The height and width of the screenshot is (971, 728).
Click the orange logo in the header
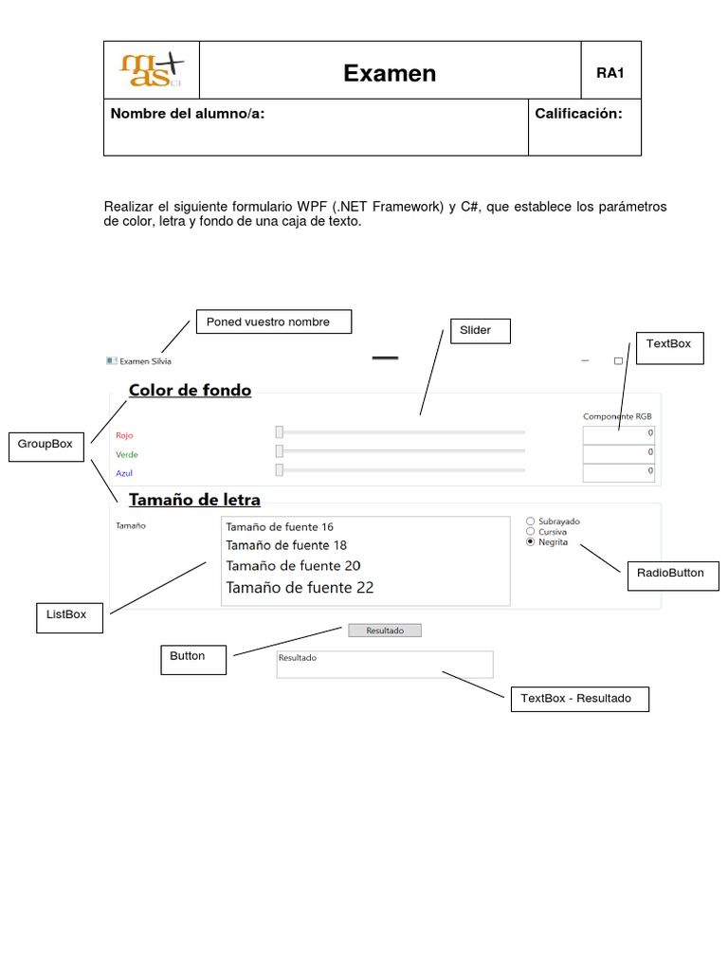click(152, 70)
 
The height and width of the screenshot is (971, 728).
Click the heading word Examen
click(390, 74)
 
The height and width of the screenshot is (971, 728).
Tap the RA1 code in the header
click(610, 73)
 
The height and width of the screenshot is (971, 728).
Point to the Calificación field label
click(578, 114)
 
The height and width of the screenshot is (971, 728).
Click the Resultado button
click(385, 631)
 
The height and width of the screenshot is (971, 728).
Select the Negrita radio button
click(530, 542)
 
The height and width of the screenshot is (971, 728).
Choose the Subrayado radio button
click(530, 521)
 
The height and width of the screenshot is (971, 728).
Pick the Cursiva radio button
click(530, 531)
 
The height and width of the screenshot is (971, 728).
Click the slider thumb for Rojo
click(280, 432)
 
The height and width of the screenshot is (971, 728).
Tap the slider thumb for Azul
click(280, 469)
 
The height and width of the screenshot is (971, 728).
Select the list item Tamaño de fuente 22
click(300, 588)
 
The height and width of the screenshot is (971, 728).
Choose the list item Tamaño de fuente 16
click(280, 527)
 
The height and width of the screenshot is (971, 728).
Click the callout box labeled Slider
click(480, 330)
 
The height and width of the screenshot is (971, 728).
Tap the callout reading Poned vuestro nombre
click(273, 321)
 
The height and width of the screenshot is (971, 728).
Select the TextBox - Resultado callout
click(581, 699)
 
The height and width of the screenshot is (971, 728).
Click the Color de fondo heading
click(191, 390)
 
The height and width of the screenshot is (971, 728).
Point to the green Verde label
click(127, 455)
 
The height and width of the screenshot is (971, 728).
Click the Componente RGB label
click(617, 416)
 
